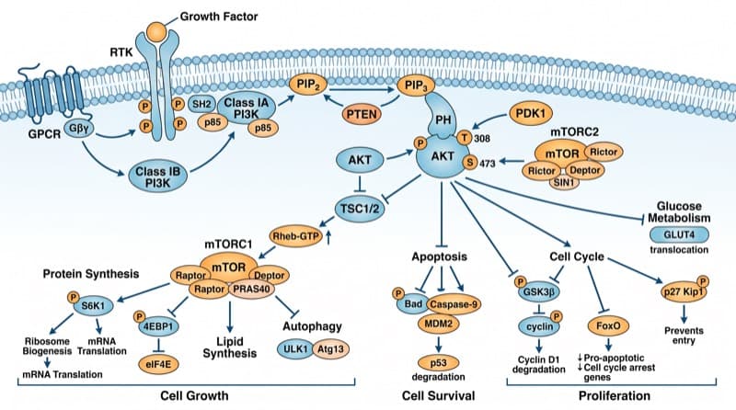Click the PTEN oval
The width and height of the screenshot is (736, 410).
click(x=361, y=114)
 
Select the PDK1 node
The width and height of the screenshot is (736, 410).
click(x=531, y=113)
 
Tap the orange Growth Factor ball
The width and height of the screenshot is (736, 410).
click(x=157, y=32)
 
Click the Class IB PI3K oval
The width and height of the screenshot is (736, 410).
click(x=157, y=177)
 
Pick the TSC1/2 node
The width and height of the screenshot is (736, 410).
click(x=360, y=209)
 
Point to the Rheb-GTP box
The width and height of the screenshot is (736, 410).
click(x=296, y=236)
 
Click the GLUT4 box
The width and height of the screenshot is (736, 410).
click(x=679, y=234)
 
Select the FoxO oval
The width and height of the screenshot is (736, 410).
click(x=608, y=325)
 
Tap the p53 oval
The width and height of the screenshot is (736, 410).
click(x=439, y=362)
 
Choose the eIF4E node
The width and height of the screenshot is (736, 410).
click(x=159, y=363)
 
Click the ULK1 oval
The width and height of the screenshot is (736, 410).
click(x=295, y=349)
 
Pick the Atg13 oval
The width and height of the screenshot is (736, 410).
click(x=330, y=349)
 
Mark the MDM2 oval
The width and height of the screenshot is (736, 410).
click(x=438, y=324)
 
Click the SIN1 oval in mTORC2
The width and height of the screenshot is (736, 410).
click(x=564, y=182)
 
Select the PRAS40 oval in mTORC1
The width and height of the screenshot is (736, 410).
click(x=251, y=289)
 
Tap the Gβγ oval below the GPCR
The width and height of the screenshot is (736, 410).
click(x=79, y=128)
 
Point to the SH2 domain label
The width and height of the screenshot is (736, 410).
click(x=201, y=104)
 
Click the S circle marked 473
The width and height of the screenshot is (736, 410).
click(x=470, y=163)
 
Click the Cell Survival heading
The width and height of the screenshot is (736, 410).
click(x=439, y=395)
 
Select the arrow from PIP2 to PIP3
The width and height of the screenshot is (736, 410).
click(x=362, y=88)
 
